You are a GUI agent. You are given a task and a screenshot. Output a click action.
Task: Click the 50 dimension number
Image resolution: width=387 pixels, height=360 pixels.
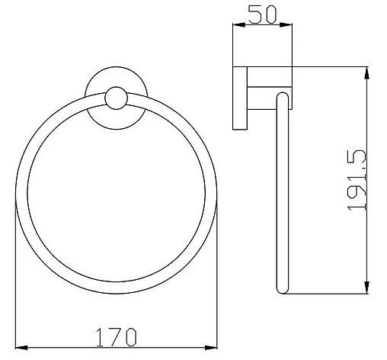point(262,14)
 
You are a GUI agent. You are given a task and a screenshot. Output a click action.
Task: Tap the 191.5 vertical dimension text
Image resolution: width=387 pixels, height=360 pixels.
point(357,180)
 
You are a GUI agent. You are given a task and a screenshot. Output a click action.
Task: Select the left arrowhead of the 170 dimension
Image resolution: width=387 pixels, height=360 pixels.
point(22,348)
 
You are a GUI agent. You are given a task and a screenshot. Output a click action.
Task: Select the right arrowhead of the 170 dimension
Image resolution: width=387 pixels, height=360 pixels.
point(211,348)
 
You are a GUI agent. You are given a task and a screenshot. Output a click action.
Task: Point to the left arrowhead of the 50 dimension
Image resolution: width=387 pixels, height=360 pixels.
point(239,25)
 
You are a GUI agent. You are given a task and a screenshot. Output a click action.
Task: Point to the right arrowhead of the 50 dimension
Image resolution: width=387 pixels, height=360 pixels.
point(286,25)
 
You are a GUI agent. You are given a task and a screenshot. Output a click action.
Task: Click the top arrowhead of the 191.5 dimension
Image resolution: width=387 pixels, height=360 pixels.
point(366,73)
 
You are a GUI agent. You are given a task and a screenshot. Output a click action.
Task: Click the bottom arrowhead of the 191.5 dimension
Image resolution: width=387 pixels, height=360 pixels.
point(366,288)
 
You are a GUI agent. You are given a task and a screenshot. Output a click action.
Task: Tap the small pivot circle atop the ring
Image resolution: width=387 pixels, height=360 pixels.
point(117,98)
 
